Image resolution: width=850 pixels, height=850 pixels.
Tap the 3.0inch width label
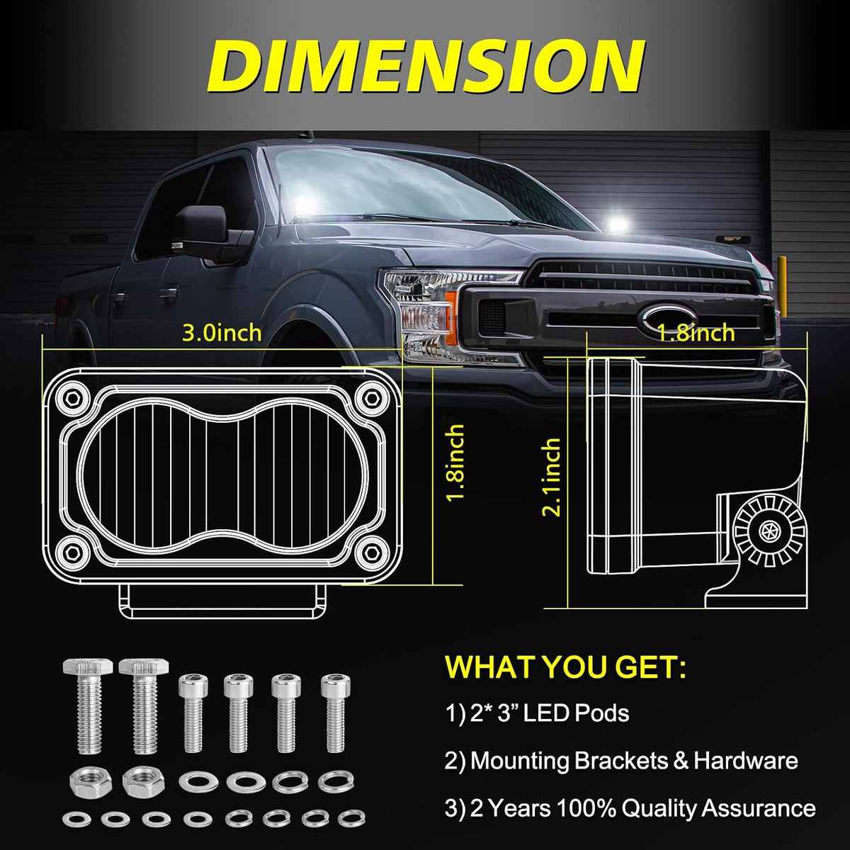tap(222, 333)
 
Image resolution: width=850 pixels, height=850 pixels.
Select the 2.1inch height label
tap(552, 477)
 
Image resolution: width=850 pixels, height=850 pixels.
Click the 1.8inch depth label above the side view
tap(696, 333)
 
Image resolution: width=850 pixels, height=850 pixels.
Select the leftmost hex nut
tap(91, 783)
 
